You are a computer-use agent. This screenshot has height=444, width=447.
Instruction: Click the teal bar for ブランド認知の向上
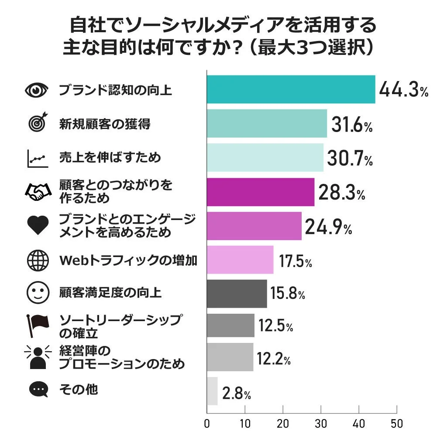[291, 89]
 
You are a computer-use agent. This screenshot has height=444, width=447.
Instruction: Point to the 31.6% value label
[351, 125]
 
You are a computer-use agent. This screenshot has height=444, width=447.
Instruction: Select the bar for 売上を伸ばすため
[265, 157]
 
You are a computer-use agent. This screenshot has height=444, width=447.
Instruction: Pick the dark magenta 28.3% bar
[261, 192]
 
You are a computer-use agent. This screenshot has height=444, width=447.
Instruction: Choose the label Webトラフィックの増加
[128, 261]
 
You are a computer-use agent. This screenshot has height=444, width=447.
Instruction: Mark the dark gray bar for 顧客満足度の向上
[237, 294]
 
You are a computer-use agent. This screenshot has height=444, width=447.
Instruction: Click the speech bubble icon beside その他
[38, 389]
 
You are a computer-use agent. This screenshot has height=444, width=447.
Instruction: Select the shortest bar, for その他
[212, 391]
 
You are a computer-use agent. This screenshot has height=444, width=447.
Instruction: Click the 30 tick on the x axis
[321, 423]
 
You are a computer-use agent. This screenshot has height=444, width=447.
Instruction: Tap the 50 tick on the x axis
[397, 423]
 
